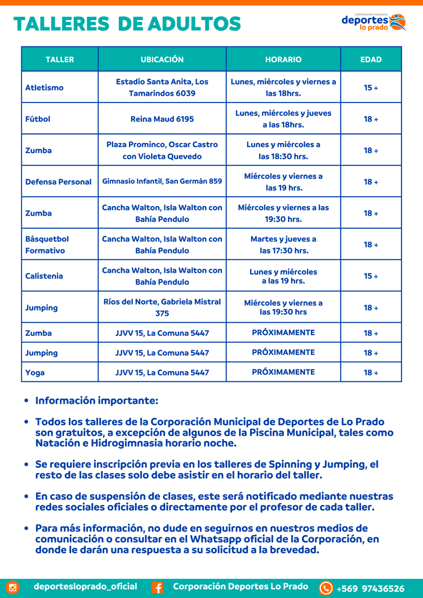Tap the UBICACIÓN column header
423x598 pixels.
point(162,60)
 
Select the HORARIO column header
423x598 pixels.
point(283,60)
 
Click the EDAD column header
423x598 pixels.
point(371,60)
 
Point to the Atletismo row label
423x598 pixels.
point(44,88)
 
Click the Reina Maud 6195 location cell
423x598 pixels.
point(162,119)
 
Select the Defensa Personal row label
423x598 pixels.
point(58,182)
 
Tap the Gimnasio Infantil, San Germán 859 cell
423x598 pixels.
point(162,181)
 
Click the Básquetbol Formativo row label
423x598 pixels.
point(47,244)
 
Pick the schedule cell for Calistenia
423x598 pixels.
point(283,276)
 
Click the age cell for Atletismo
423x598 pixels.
point(371,88)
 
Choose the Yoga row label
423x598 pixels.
point(35,373)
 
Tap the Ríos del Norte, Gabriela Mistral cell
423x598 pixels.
point(162,307)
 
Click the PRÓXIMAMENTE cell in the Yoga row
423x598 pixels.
point(283,372)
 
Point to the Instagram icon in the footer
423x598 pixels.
point(12,587)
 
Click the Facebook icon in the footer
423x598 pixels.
point(157,587)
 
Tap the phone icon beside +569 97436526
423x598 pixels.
point(326,588)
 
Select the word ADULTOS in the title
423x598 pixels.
point(194,24)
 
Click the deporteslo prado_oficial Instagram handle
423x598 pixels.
point(85,586)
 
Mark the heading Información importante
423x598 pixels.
point(97,401)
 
